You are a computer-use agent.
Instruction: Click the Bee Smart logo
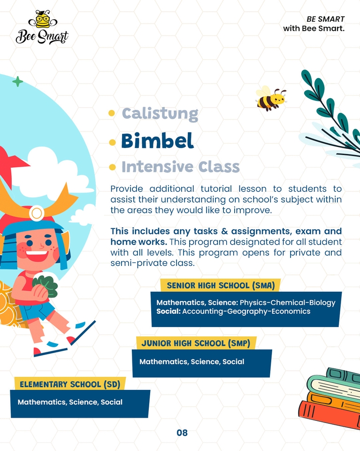(42, 27)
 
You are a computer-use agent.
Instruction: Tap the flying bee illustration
(271, 99)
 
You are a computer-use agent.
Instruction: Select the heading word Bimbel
(157, 140)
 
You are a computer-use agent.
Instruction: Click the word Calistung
(160, 114)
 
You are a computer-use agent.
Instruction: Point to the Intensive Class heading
(180, 167)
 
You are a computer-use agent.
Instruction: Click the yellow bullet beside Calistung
(112, 113)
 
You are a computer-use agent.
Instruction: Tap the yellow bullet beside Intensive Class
(112, 167)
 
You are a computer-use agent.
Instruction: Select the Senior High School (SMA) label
(221, 286)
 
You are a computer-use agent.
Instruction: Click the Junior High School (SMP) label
(196, 343)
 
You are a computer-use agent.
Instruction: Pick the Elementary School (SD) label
(70, 385)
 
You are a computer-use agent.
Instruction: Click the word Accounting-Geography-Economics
(246, 311)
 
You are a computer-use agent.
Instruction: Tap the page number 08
(182, 433)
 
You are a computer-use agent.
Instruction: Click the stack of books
(330, 398)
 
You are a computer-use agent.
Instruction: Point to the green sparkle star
(18, 82)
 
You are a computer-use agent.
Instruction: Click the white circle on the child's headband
(37, 213)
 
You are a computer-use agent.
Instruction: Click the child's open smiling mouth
(37, 256)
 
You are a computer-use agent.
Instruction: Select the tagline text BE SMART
(326, 19)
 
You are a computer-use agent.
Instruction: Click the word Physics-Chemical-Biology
(288, 303)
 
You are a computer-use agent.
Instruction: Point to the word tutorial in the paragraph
(216, 189)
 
